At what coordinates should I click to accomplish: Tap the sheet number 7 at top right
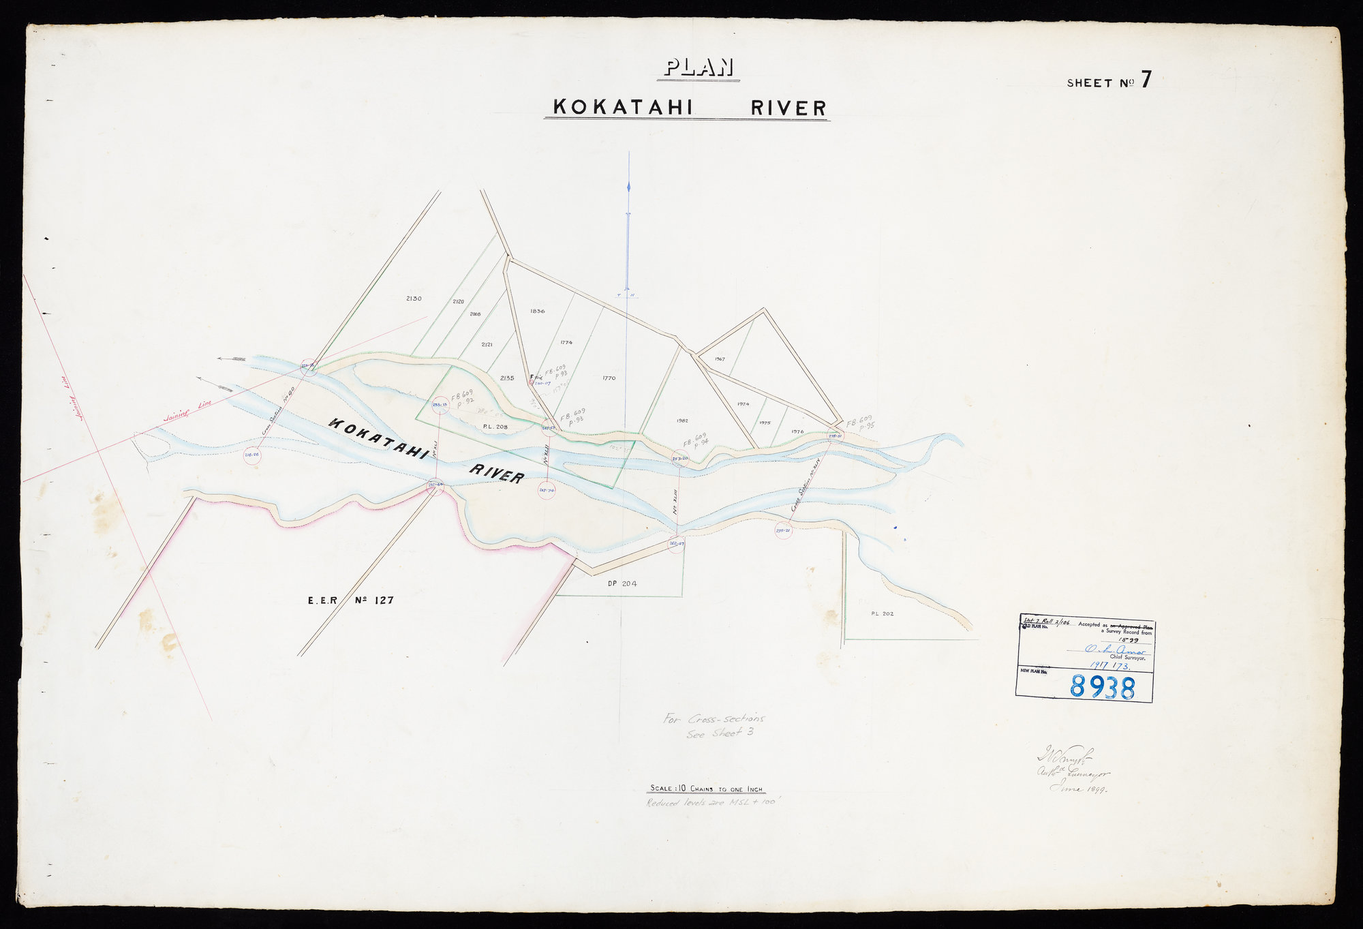(x=1146, y=80)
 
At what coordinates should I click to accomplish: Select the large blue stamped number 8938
(x=1102, y=686)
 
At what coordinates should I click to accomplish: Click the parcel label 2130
(x=414, y=299)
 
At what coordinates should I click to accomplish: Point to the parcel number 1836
(x=537, y=311)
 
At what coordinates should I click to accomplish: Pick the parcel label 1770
(x=609, y=378)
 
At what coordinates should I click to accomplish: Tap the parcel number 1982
(x=682, y=421)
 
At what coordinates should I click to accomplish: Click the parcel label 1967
(x=720, y=359)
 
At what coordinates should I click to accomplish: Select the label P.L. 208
(x=495, y=427)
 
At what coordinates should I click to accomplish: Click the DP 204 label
(x=622, y=583)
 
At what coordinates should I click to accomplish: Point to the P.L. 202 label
(x=882, y=613)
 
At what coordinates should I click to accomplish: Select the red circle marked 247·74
(x=546, y=489)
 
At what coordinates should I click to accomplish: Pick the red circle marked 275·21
(x=783, y=530)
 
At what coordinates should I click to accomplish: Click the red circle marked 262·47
(x=676, y=544)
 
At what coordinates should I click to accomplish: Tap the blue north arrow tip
(x=628, y=185)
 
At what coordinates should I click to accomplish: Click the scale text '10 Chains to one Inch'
(x=707, y=789)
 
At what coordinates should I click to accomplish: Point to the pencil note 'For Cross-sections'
(x=714, y=718)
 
